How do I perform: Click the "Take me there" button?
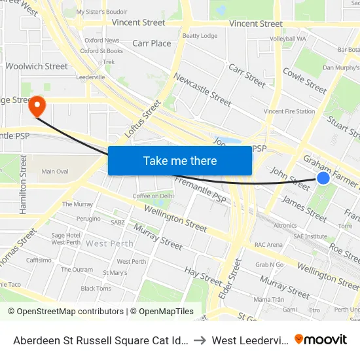(x=180, y=160)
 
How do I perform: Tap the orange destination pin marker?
(x=37, y=107)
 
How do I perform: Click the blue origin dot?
(x=323, y=178)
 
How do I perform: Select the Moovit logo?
(x=321, y=339)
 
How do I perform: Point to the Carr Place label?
(x=151, y=43)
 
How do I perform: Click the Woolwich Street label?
(x=37, y=66)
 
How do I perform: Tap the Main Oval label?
(x=55, y=171)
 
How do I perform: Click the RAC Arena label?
(x=268, y=245)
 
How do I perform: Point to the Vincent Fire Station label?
(x=289, y=112)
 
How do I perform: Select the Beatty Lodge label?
(x=200, y=36)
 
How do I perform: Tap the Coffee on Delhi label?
(x=154, y=196)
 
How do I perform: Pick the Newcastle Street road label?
(x=202, y=90)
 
